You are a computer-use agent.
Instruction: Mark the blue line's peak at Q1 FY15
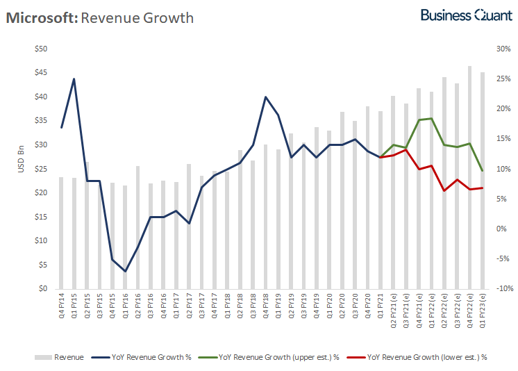(x=74, y=79)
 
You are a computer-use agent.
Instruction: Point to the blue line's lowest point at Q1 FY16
(x=125, y=271)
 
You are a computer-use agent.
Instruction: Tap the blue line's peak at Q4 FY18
(x=265, y=97)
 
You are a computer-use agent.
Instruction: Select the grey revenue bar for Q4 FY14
(x=61, y=233)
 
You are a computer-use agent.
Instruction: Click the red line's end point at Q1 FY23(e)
(x=483, y=188)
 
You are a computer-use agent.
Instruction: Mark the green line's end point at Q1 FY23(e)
(x=483, y=171)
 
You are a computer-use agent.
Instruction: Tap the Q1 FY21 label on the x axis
(x=381, y=306)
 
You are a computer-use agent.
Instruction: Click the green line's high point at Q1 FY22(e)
(x=431, y=118)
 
